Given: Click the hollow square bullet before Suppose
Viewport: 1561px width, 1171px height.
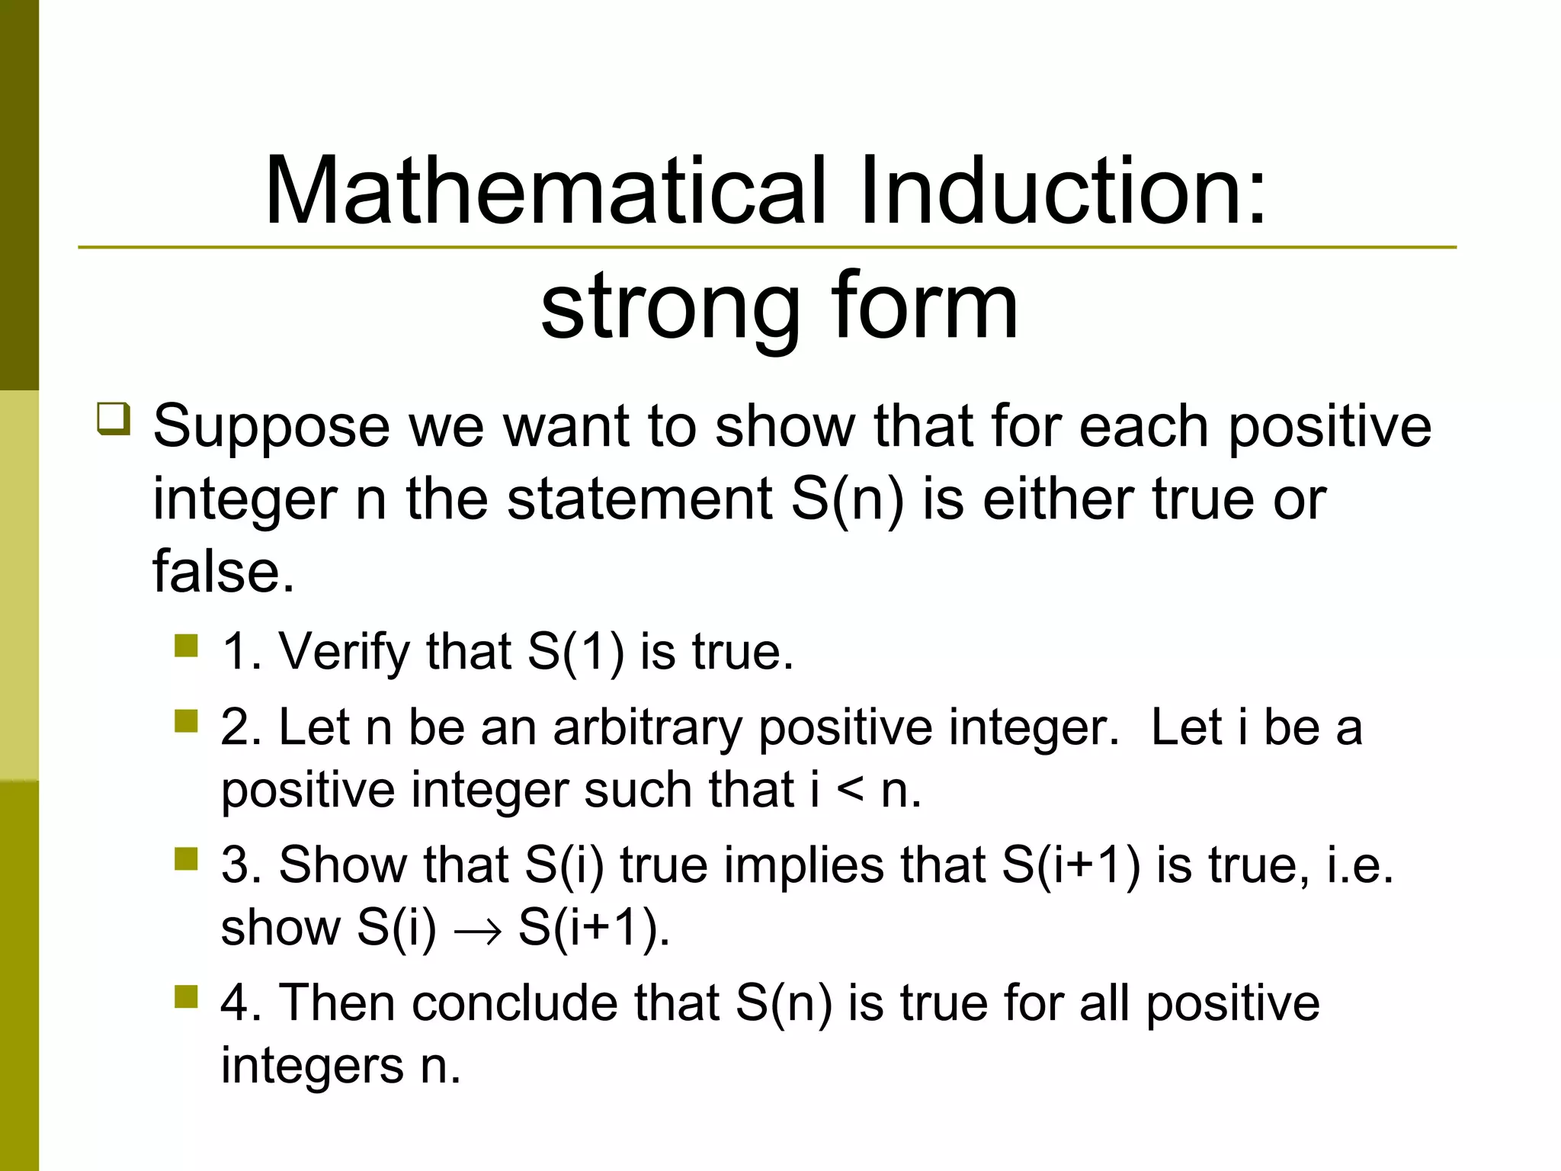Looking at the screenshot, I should [114, 419].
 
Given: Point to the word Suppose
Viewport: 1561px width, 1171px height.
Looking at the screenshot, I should [271, 427].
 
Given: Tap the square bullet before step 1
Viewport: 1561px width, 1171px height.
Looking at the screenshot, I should [185, 646].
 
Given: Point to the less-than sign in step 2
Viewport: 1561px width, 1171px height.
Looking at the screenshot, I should [850, 791].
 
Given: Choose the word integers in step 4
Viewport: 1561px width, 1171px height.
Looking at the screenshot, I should [312, 1066].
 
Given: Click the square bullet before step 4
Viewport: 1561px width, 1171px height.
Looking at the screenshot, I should [185, 996].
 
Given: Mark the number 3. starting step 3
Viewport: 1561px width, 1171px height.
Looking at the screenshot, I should [241, 865].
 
